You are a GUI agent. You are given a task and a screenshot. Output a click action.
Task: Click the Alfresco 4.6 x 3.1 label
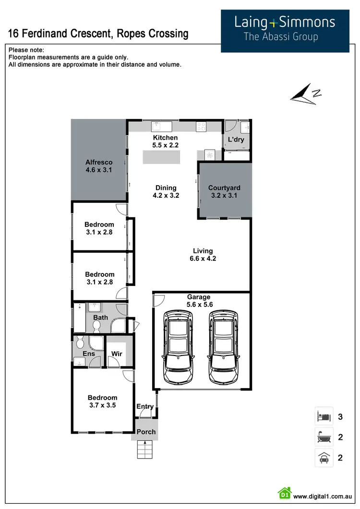click(99, 166)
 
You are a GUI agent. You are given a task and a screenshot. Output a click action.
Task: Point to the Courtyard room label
click(224, 191)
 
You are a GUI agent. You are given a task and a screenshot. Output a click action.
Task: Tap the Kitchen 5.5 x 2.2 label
click(165, 141)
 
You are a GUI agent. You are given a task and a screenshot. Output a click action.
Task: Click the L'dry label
click(236, 140)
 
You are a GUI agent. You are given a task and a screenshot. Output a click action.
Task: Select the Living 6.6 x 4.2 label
click(203, 254)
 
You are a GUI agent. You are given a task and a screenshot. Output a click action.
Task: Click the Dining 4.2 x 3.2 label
click(166, 191)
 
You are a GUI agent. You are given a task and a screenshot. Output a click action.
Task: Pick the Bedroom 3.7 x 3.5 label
click(102, 401)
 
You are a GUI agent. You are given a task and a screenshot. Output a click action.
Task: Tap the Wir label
click(117, 354)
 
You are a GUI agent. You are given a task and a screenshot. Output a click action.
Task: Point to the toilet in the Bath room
click(96, 326)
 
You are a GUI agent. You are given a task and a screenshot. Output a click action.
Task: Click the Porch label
click(146, 432)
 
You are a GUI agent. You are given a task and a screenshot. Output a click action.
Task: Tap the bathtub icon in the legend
click(322, 437)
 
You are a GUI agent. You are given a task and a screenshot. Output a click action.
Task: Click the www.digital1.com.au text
click(323, 497)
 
